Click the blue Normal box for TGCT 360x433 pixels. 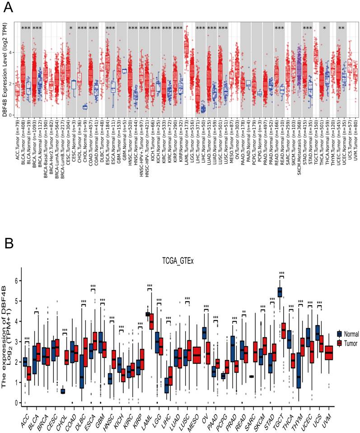click(282, 292)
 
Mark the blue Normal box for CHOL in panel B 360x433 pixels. click(63, 391)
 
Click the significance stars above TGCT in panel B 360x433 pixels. click(282, 274)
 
